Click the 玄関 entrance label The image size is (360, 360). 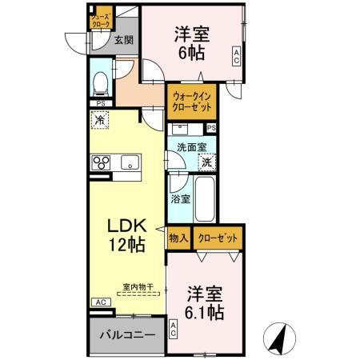click(x=122, y=39)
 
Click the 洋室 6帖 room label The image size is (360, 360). click(x=191, y=43)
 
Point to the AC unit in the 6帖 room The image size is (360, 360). click(x=236, y=55)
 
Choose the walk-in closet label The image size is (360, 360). click(x=189, y=102)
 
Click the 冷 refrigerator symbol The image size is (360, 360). click(x=100, y=121)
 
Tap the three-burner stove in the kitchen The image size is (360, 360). click(x=102, y=162)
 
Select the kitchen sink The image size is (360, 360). click(x=130, y=162)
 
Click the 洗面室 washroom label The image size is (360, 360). click(x=191, y=147)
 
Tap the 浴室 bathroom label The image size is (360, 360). click(x=179, y=199)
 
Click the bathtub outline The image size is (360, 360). click(x=204, y=199)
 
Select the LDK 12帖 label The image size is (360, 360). click(x=126, y=233)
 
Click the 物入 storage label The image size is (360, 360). click(x=178, y=238)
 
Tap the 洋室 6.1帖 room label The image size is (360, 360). click(x=204, y=302)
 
